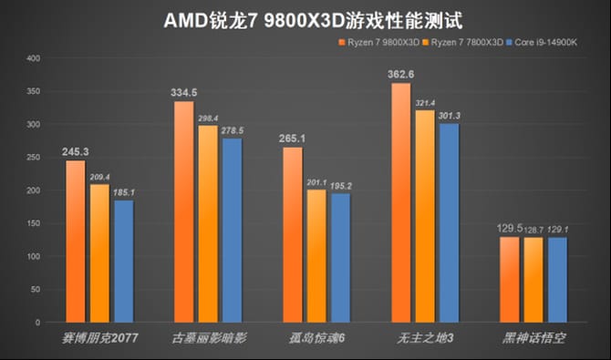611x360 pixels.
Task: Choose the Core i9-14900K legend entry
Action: tap(551, 43)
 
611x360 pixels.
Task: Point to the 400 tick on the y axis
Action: tap(34, 58)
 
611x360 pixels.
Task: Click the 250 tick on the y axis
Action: tap(34, 158)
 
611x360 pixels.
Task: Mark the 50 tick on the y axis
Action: tap(36, 289)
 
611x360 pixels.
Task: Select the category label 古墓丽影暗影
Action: tap(208, 338)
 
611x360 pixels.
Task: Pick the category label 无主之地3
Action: tap(424, 338)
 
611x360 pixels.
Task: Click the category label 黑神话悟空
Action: tap(534, 338)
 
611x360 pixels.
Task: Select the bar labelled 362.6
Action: tap(401, 202)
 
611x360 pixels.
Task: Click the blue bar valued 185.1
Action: tap(124, 261)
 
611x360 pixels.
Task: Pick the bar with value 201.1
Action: tap(316, 255)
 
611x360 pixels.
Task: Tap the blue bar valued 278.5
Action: tap(233, 230)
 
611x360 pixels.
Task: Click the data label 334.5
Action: tap(183, 92)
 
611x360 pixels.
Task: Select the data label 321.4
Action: tap(426, 103)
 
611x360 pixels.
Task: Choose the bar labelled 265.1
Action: tap(293, 234)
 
